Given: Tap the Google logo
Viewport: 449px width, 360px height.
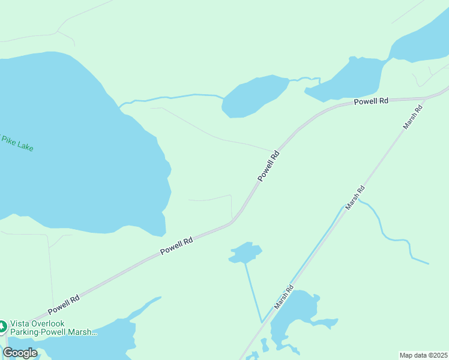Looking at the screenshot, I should (20, 353).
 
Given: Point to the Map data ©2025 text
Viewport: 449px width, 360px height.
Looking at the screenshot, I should (423, 355).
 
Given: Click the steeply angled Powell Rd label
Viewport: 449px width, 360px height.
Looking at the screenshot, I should (268, 166).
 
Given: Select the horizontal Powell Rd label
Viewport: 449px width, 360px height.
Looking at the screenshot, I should (370, 101).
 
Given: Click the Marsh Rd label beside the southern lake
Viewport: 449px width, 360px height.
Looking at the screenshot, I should (284, 297).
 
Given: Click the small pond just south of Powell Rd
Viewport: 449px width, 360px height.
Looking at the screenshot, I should (246, 252).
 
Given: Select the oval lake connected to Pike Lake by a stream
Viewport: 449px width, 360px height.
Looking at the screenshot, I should (255, 96).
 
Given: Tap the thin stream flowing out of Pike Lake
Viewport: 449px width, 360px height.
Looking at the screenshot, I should (174, 97).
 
